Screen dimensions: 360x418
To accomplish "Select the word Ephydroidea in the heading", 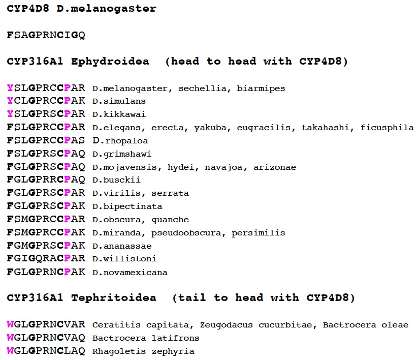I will coord(110,62).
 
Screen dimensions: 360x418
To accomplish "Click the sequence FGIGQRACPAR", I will coord(46,259).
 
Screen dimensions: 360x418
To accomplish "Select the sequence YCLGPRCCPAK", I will coord(46,101).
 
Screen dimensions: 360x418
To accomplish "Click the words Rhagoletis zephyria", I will coord(143,351).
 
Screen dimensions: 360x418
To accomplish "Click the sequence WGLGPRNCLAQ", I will coord(46,351).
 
